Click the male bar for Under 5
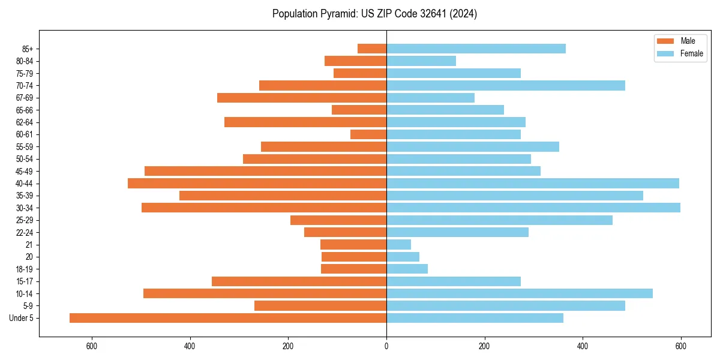[228, 318]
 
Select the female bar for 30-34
[533, 208]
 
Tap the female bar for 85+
[476, 49]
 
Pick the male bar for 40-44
[257, 183]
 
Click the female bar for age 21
[399, 244]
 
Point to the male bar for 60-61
[368, 134]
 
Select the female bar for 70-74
[506, 85]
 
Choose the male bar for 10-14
[265, 293]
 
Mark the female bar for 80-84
[421, 61]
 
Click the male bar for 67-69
[302, 98]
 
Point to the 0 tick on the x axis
[386, 346]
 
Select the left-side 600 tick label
[92, 346]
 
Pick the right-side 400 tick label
[583, 346]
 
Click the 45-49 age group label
[25, 171]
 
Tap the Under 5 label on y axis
[22, 318]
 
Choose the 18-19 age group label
[25, 269]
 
